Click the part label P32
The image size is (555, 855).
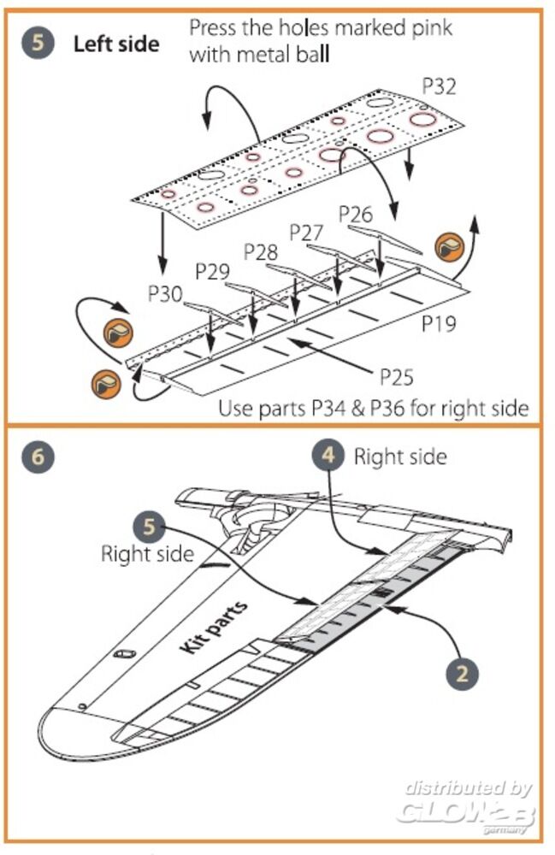[439, 85]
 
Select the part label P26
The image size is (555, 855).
[356, 214]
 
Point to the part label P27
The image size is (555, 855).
[306, 232]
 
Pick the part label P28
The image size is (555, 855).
[261, 252]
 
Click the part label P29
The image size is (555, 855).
[212, 273]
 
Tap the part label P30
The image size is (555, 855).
[165, 294]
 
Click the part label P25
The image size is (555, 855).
[396, 374]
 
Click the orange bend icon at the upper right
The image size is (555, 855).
[450, 246]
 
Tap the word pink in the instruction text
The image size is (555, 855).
[430, 27]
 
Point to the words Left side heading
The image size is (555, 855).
[115, 44]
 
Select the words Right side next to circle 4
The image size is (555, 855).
[400, 457]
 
